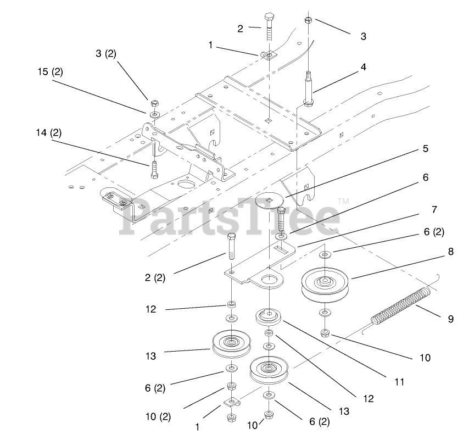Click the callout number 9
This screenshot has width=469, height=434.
pos(450,319)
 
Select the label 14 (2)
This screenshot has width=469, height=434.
pos(49,132)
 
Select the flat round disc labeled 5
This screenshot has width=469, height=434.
pos(272,201)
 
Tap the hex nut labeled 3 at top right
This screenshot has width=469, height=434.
pos(309,20)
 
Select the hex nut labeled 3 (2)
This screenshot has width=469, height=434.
pos(153,103)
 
